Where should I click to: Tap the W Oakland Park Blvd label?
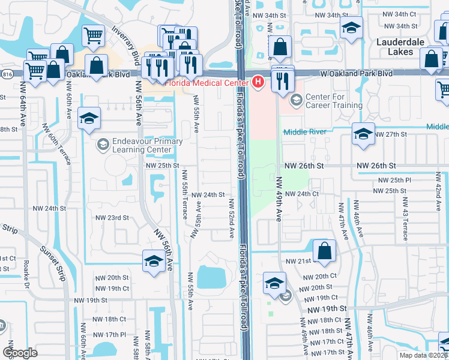pos(357,73)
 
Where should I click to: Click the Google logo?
pos(20,353)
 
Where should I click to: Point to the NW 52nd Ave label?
pos(231,220)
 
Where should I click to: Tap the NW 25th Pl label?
pos(394,180)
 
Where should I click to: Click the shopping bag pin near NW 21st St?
pos(324,252)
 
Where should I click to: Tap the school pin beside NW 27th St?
pos(363,134)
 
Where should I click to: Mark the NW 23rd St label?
pos(113,218)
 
